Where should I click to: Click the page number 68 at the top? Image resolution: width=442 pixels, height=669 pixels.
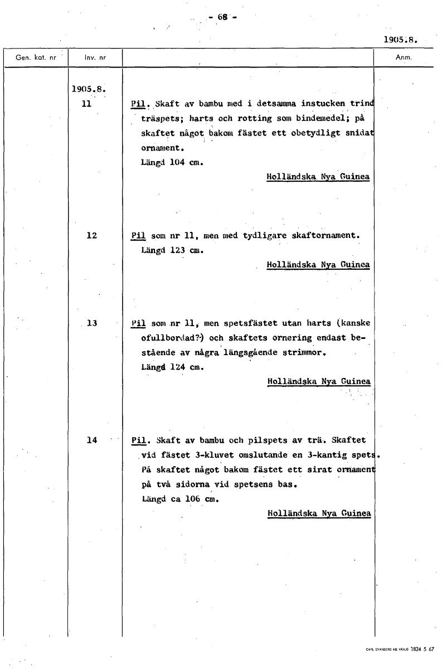[x=222, y=17]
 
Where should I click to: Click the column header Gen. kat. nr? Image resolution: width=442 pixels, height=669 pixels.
[x=35, y=57]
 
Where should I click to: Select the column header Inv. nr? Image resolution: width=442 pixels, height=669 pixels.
[x=95, y=57]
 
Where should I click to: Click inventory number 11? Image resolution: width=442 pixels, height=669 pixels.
[x=86, y=104]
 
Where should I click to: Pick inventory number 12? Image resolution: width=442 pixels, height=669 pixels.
[x=92, y=235]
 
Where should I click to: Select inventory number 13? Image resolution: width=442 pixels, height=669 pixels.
[x=92, y=323]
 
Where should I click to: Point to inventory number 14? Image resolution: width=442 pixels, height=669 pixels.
[x=92, y=440]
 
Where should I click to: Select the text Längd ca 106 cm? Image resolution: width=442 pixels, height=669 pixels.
[x=179, y=499]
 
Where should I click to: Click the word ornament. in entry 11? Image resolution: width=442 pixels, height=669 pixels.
[x=162, y=148]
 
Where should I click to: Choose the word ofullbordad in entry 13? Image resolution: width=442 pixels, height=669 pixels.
[x=164, y=338]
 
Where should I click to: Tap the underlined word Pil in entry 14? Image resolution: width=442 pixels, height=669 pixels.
[x=138, y=440]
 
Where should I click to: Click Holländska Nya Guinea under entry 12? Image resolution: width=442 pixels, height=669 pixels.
[x=318, y=264]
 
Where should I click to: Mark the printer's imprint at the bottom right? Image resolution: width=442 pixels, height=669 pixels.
[x=400, y=649]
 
